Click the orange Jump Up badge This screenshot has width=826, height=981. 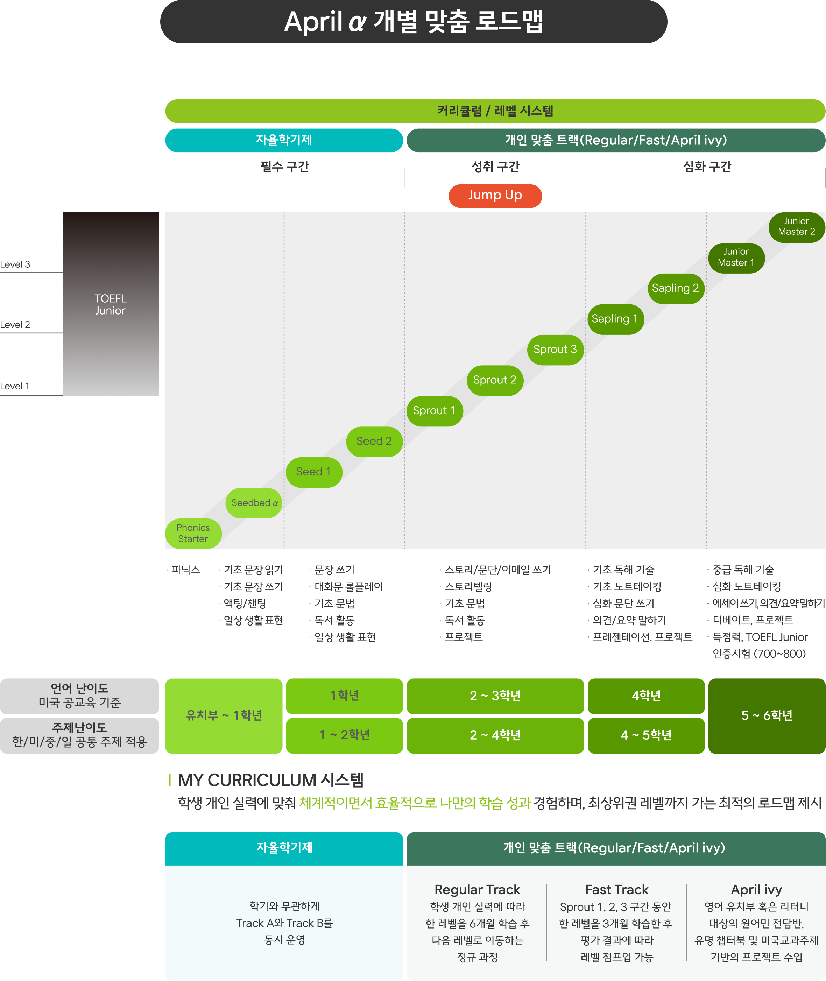pyautogui.click(x=495, y=195)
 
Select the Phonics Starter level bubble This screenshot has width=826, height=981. pyautogui.click(x=193, y=533)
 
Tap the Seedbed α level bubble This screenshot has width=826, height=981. pyautogui.click(x=254, y=503)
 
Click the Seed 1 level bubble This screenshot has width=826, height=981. pyautogui.click(x=314, y=472)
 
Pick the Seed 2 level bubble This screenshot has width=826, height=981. pyautogui.click(x=374, y=441)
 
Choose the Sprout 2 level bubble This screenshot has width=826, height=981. pyautogui.click(x=494, y=380)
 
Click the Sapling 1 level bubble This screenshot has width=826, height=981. pyautogui.click(x=615, y=319)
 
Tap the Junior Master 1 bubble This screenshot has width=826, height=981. pyautogui.click(x=736, y=257)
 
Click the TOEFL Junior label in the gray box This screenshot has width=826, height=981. pyautogui.click(x=111, y=304)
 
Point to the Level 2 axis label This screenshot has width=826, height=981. pyautogui.click(x=15, y=325)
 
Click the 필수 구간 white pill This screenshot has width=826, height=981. pyautogui.click(x=285, y=167)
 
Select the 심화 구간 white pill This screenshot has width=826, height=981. pyautogui.click(x=707, y=167)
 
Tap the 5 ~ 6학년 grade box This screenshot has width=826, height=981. pyautogui.click(x=767, y=715)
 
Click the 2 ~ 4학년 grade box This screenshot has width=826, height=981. pyautogui.click(x=495, y=735)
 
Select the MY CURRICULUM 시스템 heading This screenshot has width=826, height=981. pyautogui.click(x=271, y=780)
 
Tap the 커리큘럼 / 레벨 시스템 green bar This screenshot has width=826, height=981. pyautogui.click(x=495, y=111)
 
